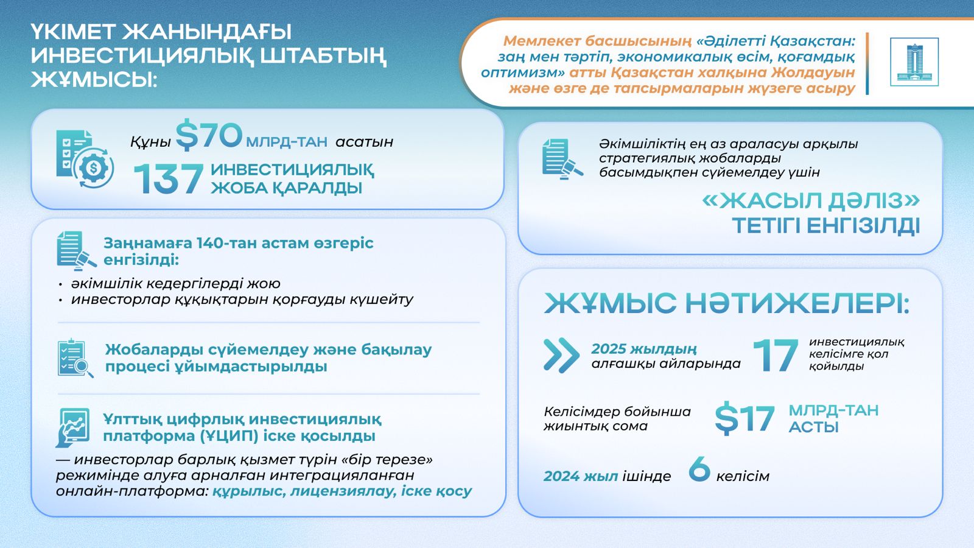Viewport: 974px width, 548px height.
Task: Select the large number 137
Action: click(168, 179)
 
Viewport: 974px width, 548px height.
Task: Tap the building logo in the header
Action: click(914, 62)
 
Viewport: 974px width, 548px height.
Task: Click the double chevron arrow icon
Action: click(561, 355)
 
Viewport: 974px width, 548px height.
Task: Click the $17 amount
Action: click(744, 419)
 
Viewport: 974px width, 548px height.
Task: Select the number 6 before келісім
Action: click(699, 469)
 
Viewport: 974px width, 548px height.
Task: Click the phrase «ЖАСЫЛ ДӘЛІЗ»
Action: click(810, 200)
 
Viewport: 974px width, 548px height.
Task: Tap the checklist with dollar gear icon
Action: click(85, 158)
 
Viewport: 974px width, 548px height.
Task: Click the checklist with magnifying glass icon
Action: click(75, 359)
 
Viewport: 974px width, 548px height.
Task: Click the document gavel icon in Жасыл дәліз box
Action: click(561, 159)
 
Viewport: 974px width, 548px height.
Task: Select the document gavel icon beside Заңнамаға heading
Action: click(75, 250)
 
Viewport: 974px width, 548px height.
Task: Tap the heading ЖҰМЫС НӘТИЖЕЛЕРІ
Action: click(726, 303)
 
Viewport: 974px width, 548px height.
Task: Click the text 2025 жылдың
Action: click(643, 349)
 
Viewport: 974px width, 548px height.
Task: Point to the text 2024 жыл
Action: click(581, 476)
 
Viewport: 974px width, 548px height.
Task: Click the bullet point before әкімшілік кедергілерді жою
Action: click(61, 284)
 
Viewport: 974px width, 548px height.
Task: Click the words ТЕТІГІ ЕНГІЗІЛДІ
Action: click(825, 226)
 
